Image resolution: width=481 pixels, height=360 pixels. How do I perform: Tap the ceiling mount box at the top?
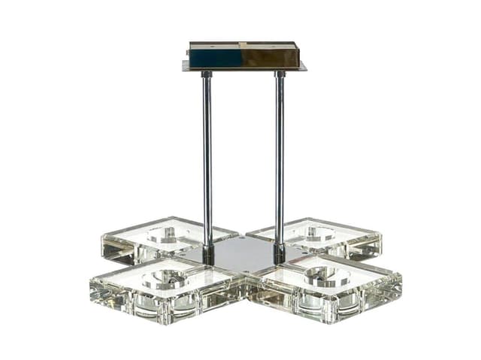click(x=244, y=56)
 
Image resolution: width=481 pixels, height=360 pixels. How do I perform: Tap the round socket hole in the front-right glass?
click(x=327, y=276)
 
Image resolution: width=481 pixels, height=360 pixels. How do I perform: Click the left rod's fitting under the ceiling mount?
click(x=207, y=74)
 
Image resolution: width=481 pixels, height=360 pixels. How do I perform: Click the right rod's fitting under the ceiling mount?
click(x=280, y=74)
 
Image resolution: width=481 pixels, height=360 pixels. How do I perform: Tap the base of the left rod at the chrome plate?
click(x=208, y=255)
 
